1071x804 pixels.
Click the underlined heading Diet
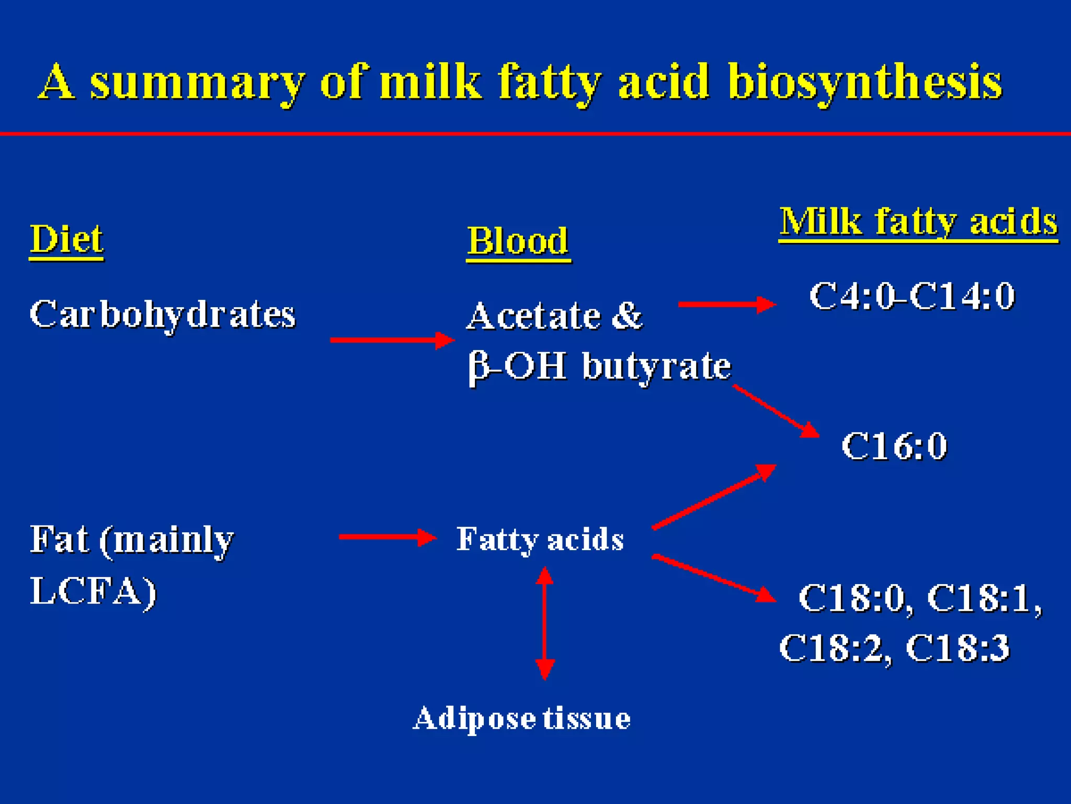tap(66, 239)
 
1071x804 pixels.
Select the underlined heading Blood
tap(518, 241)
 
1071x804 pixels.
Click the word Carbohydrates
tap(163, 315)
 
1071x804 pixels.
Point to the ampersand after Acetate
tap(626, 316)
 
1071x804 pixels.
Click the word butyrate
tap(657, 366)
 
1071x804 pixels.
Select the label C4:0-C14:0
tap(912, 296)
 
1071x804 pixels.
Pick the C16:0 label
tap(894, 446)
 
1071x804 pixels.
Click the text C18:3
tap(957, 648)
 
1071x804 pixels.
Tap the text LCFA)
tap(93, 591)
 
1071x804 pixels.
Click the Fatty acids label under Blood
tap(540, 539)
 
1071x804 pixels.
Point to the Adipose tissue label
tap(521, 718)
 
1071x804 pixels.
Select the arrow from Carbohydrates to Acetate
tap(392, 340)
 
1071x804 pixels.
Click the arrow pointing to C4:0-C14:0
tap(727, 304)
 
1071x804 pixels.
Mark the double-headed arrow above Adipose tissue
tap(544, 623)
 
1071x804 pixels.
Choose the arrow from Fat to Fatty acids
tap(388, 537)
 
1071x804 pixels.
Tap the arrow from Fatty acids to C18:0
tap(714, 578)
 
